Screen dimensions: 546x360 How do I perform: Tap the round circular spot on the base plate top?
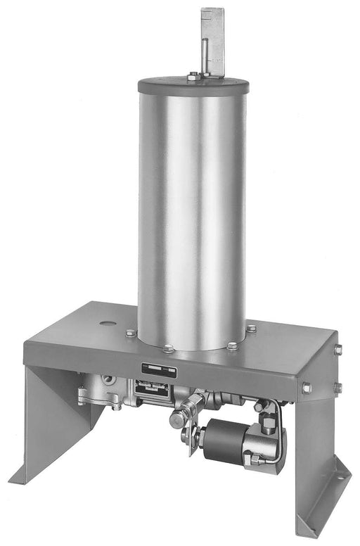107,324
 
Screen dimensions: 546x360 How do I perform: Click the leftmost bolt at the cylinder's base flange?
131,333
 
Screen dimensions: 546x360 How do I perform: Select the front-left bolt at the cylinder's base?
168,348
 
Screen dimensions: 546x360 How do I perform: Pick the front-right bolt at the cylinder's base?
232,345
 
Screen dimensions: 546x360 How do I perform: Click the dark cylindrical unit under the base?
224,441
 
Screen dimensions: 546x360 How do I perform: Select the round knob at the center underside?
177,419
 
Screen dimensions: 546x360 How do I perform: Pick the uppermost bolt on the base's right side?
337,350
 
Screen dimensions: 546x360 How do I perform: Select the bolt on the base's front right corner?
307,388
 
